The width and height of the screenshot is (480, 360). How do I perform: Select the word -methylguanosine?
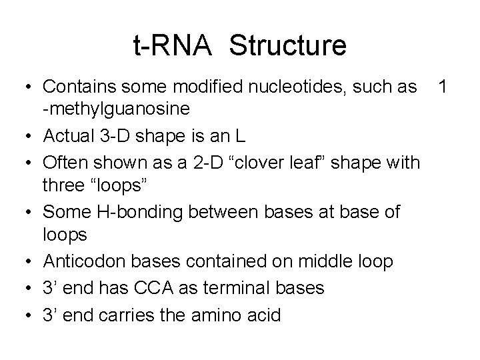click(117, 108)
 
